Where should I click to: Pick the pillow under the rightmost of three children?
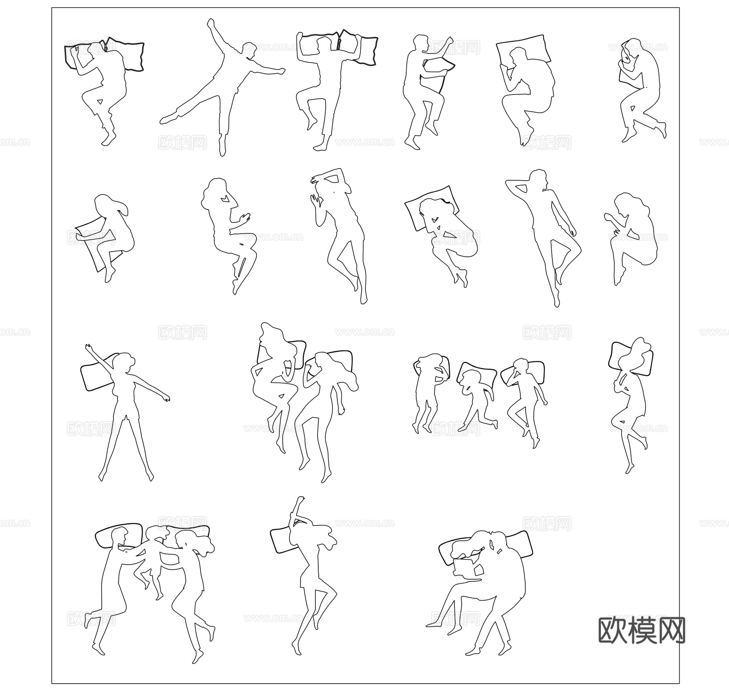pos(535,371)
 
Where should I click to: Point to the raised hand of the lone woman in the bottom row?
pos(300,501)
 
